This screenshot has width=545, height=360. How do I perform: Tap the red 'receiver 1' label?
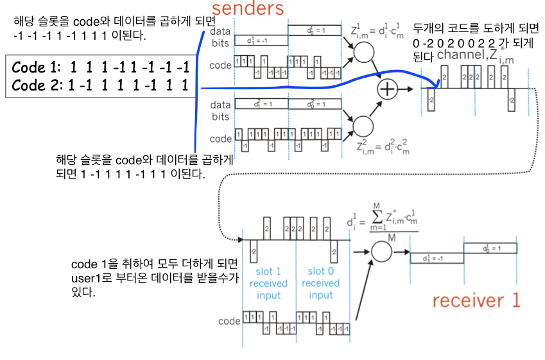click(x=475, y=300)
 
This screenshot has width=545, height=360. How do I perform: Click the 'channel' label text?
click(x=461, y=55)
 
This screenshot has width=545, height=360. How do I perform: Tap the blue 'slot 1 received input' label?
click(x=269, y=283)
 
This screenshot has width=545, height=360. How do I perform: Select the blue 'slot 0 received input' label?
click(x=320, y=283)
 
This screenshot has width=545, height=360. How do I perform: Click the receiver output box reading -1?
click(x=437, y=258)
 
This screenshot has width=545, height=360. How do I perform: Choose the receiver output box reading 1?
click(x=490, y=247)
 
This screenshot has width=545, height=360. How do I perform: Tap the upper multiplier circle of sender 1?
click(x=363, y=53)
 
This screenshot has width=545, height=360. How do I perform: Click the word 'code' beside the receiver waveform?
click(x=229, y=320)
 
